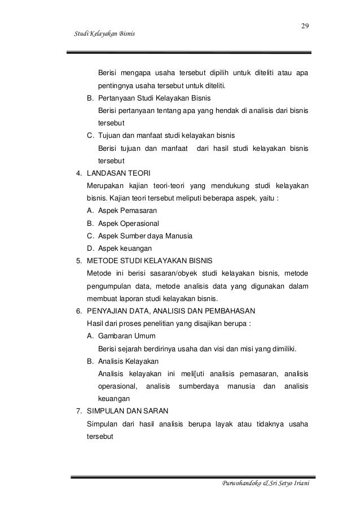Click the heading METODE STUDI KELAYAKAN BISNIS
click(149, 261)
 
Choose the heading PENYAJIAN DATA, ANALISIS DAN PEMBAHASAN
click(172, 311)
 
